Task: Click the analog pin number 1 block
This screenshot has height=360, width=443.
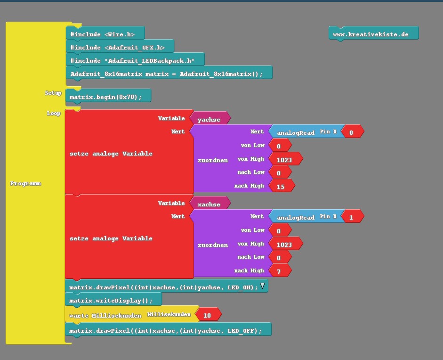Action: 352,217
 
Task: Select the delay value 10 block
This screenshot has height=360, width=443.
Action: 208,315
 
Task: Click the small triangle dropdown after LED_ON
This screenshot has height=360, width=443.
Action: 263,286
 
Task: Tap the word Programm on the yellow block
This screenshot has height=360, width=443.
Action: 25,183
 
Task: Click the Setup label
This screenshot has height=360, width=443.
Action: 53,93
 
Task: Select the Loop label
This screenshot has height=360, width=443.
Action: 54,114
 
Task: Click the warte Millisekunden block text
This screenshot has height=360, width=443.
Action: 105,315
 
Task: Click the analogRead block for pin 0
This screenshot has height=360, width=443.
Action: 296,133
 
